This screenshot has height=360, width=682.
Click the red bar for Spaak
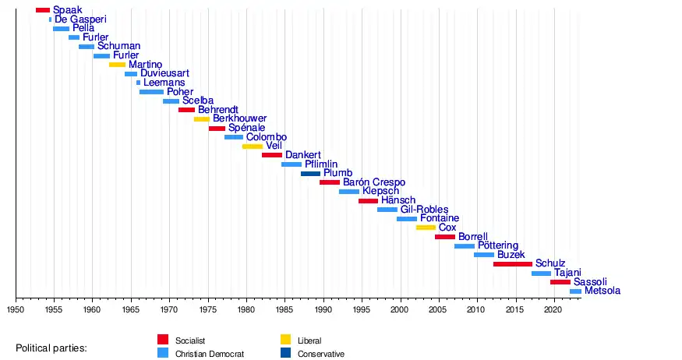click(43, 10)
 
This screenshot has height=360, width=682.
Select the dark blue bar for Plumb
click(310, 174)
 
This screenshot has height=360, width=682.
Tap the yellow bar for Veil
click(253, 146)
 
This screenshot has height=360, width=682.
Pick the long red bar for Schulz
click(512, 264)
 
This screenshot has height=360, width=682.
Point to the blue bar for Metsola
click(575, 291)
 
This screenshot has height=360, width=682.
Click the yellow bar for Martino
click(117, 65)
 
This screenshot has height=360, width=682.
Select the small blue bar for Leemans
click(138, 83)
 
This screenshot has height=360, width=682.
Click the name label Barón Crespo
click(374, 182)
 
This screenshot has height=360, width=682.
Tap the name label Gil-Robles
click(424, 210)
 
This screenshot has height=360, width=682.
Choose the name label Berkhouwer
click(239, 119)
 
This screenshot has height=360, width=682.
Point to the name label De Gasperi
click(80, 19)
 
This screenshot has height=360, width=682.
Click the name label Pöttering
click(498, 246)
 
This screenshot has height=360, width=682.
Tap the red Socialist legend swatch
click(163, 340)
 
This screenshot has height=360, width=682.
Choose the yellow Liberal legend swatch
click(286, 340)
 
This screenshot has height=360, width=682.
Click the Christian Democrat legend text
click(210, 354)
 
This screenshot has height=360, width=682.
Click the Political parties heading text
click(51, 348)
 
